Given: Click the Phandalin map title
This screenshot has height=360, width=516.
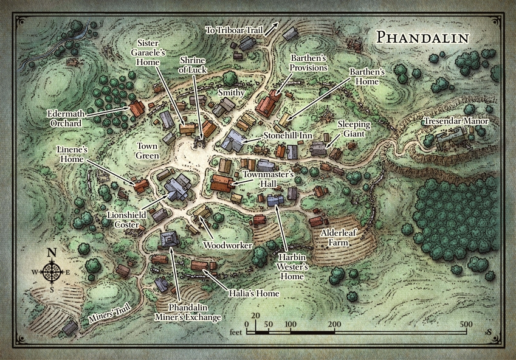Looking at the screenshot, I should [422, 36].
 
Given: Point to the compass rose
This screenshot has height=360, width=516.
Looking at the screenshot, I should [52, 272].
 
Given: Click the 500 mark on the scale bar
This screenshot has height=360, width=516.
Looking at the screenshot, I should [466, 324].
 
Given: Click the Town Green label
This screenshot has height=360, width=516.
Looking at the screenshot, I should [147, 151].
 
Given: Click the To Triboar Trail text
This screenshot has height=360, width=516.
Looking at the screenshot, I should [235, 29].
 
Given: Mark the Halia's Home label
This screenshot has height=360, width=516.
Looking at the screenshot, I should [255, 293].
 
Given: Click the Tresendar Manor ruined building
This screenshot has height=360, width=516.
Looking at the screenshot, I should [451, 139].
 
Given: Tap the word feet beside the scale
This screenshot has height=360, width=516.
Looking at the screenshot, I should [237, 333].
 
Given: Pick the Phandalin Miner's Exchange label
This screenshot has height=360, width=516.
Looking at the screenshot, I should [194, 312].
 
